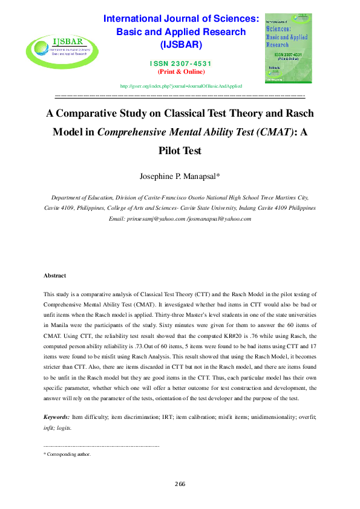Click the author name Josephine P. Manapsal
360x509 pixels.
tap(179, 177)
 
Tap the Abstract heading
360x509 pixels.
tap(54, 276)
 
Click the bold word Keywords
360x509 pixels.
tap(56, 417)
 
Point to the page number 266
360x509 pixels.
tap(180, 484)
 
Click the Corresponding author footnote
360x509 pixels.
tap(68, 454)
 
